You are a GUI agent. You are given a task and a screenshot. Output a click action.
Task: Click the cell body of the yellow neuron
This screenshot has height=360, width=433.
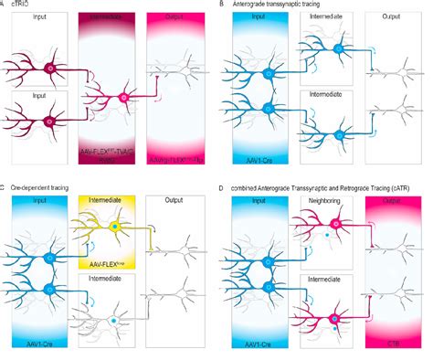tap(114, 225)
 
